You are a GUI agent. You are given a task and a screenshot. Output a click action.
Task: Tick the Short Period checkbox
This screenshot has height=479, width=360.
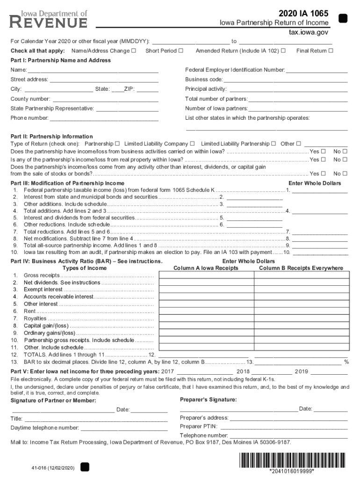click(x=180, y=51)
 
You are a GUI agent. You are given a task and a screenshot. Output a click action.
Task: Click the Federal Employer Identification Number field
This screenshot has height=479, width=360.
click(x=317, y=70)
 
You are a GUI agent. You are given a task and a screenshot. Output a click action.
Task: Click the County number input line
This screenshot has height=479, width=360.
click(x=106, y=99)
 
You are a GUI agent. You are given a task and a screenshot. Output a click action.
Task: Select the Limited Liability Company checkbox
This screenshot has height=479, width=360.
click(x=192, y=144)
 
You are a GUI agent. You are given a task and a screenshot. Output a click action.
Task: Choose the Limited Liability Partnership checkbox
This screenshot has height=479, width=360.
click(x=274, y=144)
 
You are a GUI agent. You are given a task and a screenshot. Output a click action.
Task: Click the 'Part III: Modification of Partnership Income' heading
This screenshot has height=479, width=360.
click(x=67, y=183)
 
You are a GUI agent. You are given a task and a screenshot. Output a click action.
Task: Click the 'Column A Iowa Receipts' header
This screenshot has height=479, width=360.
click(x=206, y=268)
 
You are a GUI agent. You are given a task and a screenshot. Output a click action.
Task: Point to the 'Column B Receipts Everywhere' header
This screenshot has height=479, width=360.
click(x=301, y=268)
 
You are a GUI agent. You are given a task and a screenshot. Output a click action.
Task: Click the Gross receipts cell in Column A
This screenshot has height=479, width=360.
click(x=206, y=276)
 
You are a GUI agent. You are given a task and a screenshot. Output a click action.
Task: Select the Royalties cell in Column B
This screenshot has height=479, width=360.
click(x=301, y=319)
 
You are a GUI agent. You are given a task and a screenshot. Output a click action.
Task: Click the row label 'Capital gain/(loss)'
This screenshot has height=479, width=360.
click(x=46, y=326)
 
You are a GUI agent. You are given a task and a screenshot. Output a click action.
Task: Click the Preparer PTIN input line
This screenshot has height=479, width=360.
click(x=284, y=427)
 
